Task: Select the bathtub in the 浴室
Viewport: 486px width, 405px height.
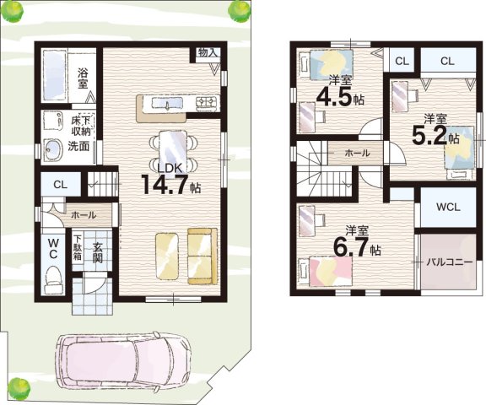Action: click(x=55, y=75)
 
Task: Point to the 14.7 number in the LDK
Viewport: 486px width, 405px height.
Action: click(x=165, y=185)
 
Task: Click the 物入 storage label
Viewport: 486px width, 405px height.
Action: click(x=208, y=52)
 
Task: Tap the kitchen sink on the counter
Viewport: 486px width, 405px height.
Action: click(x=167, y=103)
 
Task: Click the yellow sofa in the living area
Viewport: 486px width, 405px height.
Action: click(x=202, y=256)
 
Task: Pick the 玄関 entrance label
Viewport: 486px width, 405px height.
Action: click(x=98, y=253)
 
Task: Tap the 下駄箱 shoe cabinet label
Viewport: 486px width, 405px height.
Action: click(x=78, y=248)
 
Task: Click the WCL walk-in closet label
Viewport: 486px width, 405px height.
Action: click(x=448, y=207)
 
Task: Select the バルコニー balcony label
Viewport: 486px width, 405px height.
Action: click(x=450, y=262)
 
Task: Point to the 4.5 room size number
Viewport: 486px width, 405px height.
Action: click(x=334, y=96)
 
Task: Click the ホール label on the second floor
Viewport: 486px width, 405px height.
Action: click(x=357, y=153)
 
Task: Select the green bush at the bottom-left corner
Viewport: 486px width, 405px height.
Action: click(x=19, y=386)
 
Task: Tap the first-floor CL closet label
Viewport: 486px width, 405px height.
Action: click(x=60, y=185)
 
